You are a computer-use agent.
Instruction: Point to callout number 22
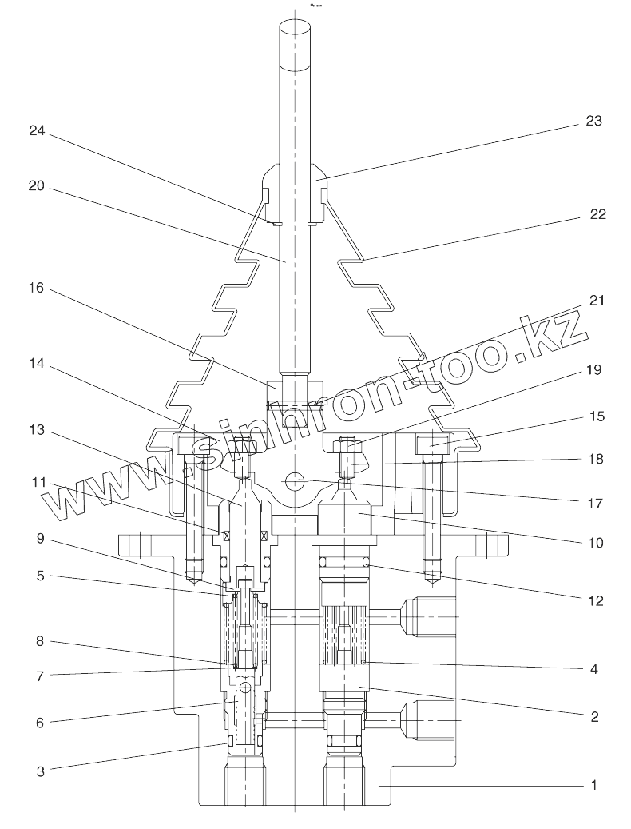[598, 214]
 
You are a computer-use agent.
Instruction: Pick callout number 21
[597, 301]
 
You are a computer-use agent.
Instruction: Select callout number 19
[592, 370]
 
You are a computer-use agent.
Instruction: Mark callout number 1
[593, 785]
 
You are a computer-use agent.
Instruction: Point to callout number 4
[593, 668]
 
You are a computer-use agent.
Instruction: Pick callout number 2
[593, 716]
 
